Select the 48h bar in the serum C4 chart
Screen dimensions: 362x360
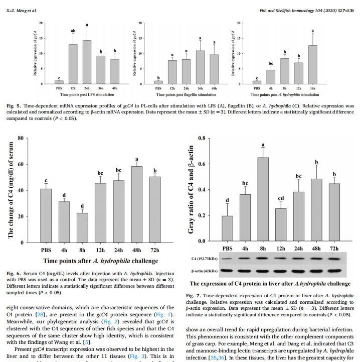pos(136,204)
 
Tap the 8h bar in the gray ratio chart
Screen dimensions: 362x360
pos(263,199)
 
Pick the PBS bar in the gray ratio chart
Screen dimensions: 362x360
pos(227,228)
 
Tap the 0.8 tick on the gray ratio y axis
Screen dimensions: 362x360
pos(201,138)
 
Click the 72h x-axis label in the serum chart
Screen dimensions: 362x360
pos(154,250)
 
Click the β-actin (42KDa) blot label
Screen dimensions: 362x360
pos(204,271)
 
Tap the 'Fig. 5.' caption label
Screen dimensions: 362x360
pos(14,106)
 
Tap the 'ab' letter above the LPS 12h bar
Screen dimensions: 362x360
pos(73,31)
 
